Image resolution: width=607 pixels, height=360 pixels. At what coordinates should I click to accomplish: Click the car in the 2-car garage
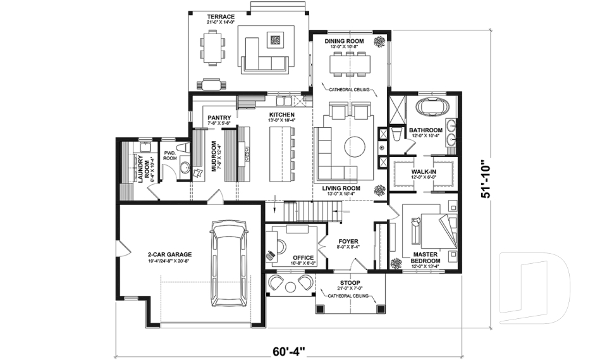coord(230,268)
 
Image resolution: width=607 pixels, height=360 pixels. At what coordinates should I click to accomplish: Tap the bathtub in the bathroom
coord(432,106)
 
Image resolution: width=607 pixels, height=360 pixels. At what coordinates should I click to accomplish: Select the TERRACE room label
coord(221,17)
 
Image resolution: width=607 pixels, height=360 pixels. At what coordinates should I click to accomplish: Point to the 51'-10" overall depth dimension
coord(486,180)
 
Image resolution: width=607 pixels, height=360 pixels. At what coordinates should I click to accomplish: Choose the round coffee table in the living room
coord(354,147)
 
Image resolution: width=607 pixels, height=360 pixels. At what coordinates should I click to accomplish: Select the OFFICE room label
coord(303,258)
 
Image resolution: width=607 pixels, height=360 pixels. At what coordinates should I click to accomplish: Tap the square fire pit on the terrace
coord(276,40)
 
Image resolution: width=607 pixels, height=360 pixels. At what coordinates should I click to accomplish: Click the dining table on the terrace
coord(212,48)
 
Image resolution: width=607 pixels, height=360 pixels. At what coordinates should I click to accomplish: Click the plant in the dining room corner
coord(380,42)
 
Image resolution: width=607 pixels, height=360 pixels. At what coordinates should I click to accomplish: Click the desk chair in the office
coord(271,255)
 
